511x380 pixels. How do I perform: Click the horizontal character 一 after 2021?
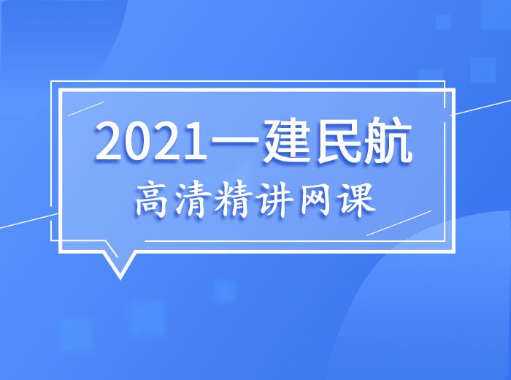(234, 141)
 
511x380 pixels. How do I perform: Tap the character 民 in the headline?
(341, 141)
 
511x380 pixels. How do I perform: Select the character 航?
(388, 141)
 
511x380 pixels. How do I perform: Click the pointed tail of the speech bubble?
(120, 278)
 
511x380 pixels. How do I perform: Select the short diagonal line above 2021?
(85, 109)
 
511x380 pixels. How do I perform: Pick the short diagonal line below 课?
(399, 223)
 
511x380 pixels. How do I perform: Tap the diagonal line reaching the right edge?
(481, 107)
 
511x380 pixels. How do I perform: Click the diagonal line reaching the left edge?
(29, 221)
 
